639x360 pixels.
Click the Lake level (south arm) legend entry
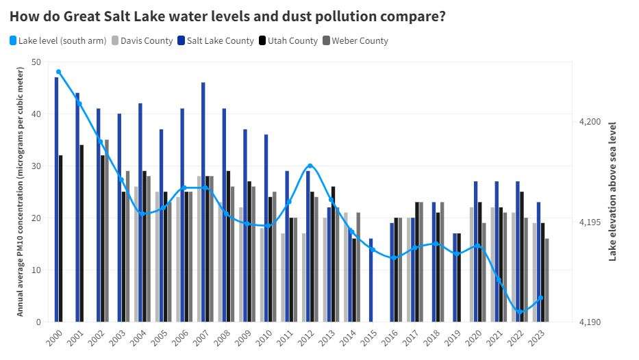(58, 41)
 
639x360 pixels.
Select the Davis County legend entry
(142, 41)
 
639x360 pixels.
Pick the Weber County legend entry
(355, 41)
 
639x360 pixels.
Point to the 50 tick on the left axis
(36, 62)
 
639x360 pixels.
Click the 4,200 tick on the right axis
(589, 122)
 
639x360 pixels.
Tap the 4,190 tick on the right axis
(589, 322)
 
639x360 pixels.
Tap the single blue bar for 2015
(371, 280)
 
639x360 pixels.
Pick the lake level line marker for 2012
(310, 166)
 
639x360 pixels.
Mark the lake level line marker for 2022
(520, 312)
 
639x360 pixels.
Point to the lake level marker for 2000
(59, 72)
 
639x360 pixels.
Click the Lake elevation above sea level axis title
(612, 192)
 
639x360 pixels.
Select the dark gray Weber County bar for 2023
(547, 280)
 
